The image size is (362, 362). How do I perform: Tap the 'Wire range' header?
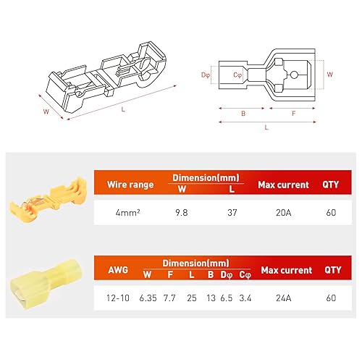[x=132, y=185]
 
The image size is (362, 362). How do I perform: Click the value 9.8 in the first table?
[x=182, y=214]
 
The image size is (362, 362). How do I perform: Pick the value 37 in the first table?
[x=231, y=214]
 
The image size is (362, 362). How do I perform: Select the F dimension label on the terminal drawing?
[x=292, y=113]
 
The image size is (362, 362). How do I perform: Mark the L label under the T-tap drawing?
[x=124, y=109]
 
